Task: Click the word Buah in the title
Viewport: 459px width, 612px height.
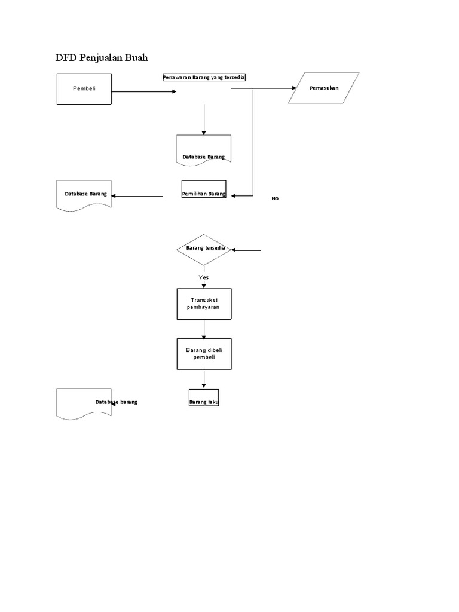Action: pos(133,58)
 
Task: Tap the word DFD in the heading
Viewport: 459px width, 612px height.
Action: pos(66,58)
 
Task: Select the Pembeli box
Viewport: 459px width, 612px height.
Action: pos(84,88)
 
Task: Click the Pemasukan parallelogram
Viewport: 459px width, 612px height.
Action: pos(324,88)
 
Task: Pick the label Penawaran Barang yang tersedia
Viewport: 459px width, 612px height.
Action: pos(204,77)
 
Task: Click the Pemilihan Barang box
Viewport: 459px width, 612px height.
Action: pos(204,189)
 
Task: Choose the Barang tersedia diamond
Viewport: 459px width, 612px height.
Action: pos(204,249)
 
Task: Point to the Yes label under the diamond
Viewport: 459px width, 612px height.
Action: pos(204,277)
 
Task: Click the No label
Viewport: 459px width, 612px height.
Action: pos(275,198)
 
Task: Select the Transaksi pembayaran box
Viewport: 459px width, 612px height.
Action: pos(204,304)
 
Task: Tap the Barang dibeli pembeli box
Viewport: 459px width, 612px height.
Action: pos(204,354)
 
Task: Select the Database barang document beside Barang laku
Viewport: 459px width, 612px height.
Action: pos(84,403)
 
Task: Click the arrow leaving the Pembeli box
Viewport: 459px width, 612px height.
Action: pos(143,91)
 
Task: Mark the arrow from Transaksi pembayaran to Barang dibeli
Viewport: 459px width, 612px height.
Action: pos(204,329)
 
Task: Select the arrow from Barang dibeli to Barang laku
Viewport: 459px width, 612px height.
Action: pos(204,379)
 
